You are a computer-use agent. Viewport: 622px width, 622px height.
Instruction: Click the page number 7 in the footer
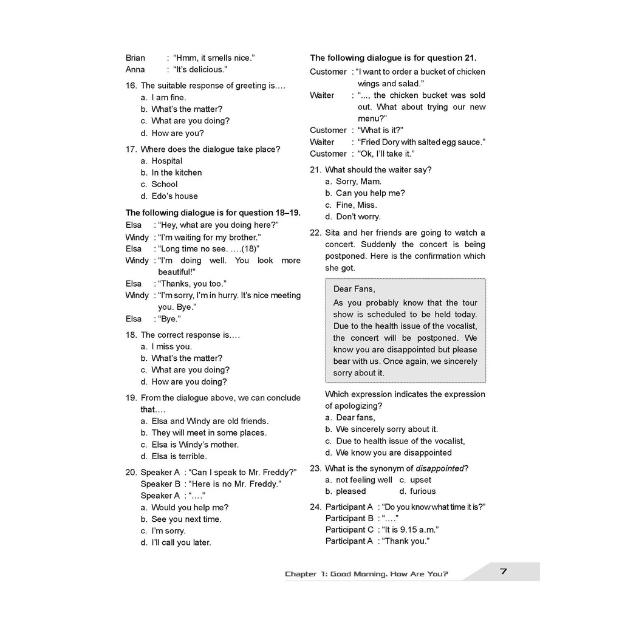[503, 571]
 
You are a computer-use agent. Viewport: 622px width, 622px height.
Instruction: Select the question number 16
[131, 86]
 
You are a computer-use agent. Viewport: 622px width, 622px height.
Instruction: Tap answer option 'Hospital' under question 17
[167, 161]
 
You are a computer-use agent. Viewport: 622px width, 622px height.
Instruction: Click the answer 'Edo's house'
[174, 196]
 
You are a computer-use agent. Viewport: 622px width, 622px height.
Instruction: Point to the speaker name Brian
[135, 58]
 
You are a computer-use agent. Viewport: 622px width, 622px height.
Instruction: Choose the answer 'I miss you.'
[171, 347]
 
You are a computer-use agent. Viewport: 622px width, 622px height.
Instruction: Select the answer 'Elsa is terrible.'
[179, 456]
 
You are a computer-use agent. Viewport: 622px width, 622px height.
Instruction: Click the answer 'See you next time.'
[186, 519]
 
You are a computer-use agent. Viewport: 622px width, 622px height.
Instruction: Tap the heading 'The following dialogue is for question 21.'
[393, 58]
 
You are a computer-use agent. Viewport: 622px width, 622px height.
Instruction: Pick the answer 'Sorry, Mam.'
[358, 182]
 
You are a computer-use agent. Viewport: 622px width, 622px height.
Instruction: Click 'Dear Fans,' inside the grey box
[354, 289]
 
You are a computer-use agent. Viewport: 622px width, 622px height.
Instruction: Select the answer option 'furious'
[423, 491]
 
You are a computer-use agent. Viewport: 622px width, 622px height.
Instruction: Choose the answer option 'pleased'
[351, 491]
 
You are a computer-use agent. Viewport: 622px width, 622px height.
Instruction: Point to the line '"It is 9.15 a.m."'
[410, 530]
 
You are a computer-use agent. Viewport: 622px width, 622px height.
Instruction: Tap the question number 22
[315, 233]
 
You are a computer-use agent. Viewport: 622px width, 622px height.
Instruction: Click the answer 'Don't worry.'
[358, 217]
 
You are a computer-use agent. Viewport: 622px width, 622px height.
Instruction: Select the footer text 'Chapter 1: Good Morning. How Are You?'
[367, 574]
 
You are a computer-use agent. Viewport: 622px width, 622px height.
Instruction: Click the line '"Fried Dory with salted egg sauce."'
[422, 142]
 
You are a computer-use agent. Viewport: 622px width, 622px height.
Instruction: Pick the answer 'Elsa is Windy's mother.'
[195, 445]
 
